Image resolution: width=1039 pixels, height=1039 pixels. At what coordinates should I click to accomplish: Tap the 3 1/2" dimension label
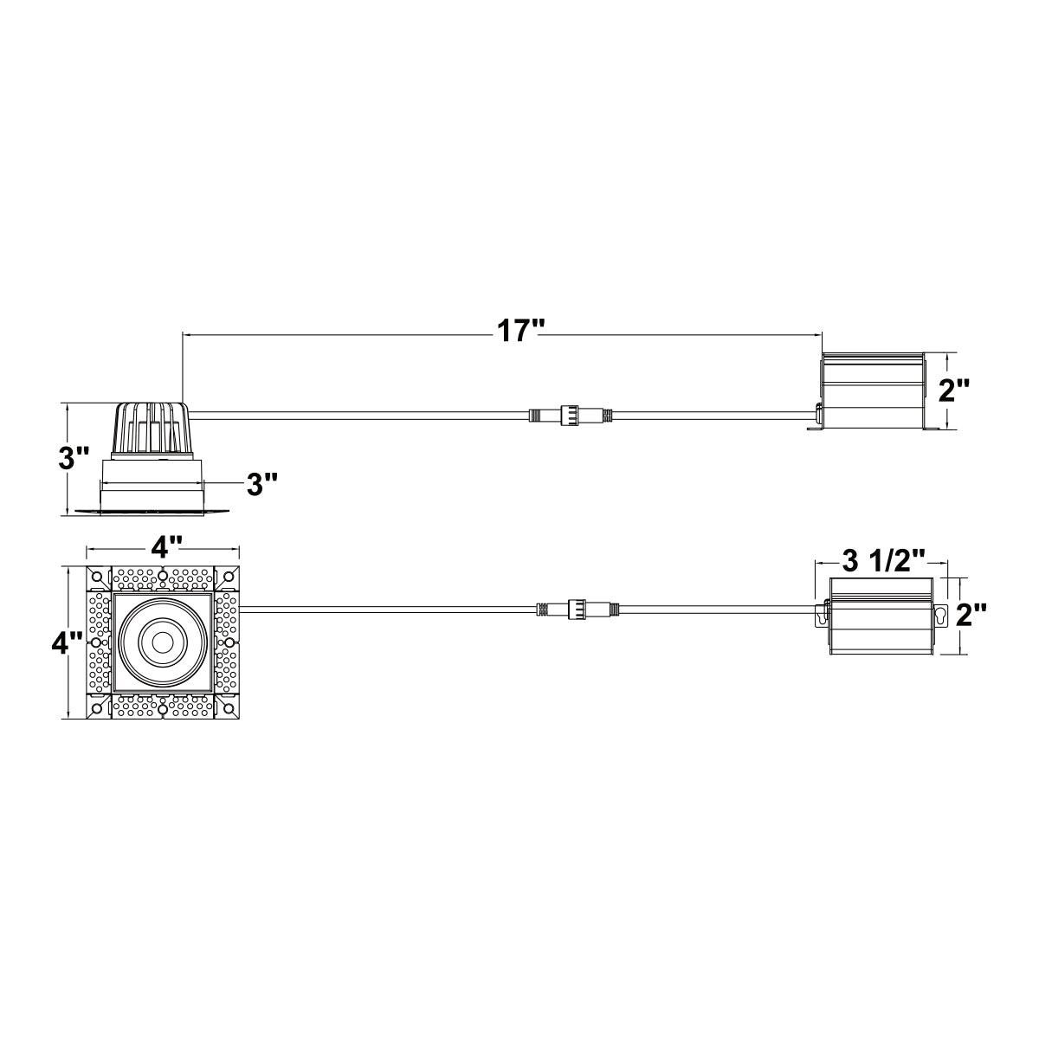[x=883, y=562]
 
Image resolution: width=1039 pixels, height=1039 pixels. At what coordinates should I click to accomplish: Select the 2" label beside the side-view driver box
[x=954, y=390]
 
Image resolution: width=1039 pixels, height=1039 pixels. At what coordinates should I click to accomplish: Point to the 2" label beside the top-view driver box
[x=971, y=616]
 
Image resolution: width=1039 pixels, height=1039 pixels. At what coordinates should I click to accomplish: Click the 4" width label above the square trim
[x=164, y=549]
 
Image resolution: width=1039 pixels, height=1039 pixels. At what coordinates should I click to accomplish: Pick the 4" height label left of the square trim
[x=67, y=643]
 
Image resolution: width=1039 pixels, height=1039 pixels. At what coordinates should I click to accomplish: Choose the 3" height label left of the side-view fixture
[x=74, y=459]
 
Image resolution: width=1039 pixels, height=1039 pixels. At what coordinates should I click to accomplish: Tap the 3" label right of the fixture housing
[x=261, y=484]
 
